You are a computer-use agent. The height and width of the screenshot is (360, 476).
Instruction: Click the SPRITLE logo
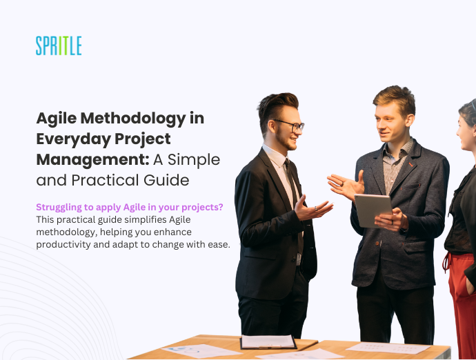59,46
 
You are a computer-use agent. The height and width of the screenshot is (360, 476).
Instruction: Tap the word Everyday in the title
71,139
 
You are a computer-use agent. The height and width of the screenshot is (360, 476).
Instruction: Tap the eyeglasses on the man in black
290,126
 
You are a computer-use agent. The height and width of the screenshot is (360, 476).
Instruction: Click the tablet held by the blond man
373,208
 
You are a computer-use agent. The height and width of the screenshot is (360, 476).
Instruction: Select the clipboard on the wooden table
268,342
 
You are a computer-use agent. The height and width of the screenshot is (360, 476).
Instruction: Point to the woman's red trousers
462,297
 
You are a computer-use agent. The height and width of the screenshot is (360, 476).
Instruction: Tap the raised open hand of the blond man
344,184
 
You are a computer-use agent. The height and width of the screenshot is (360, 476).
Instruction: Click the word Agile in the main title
59,118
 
